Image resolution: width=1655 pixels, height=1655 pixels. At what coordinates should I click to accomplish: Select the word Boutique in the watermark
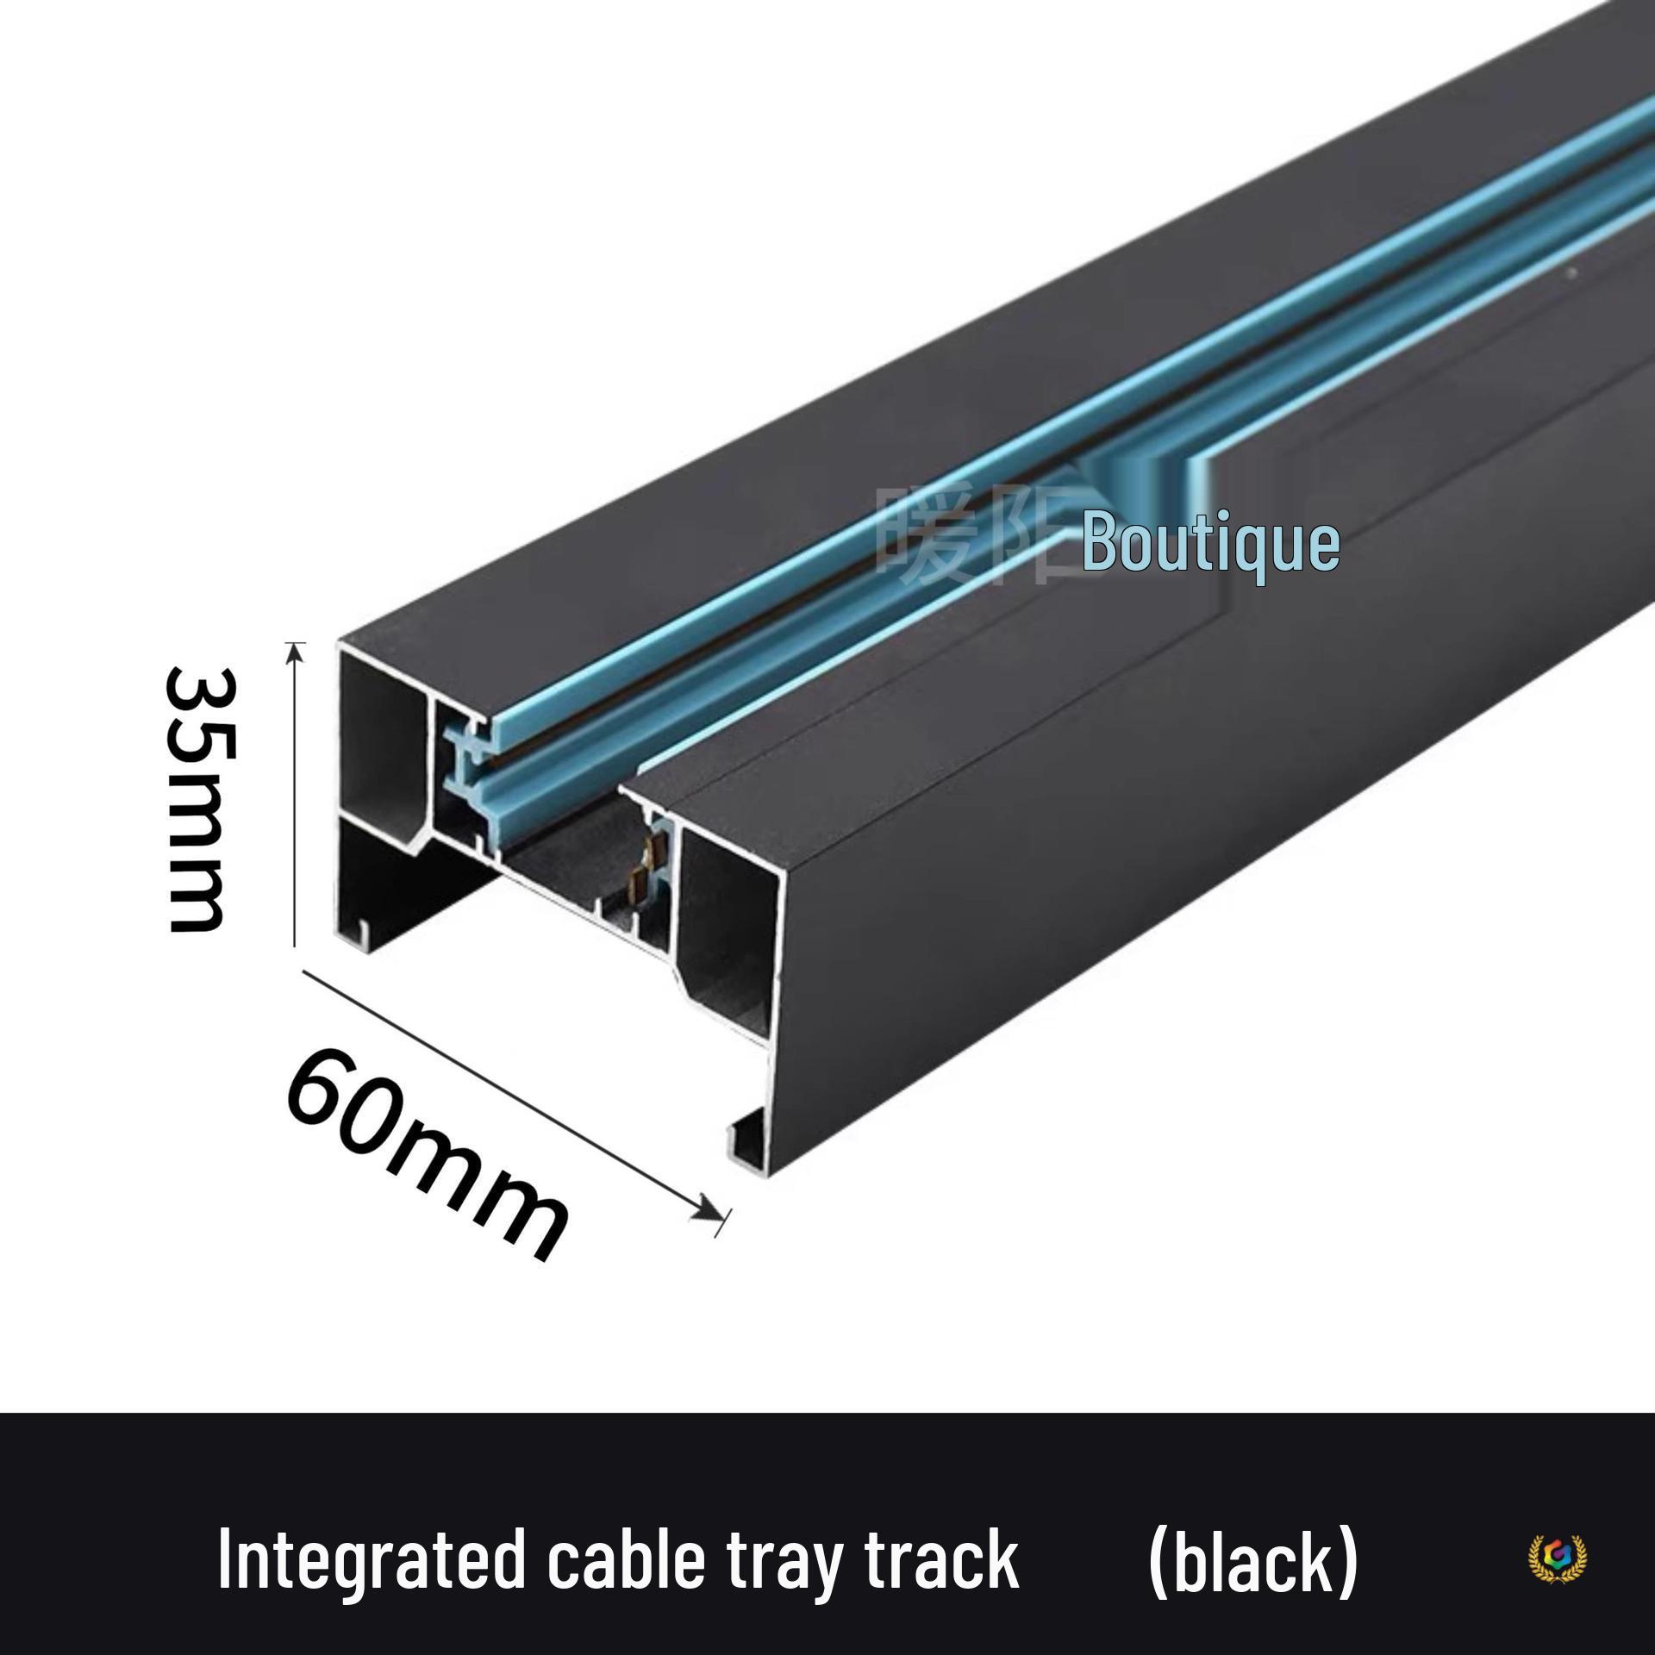1210,543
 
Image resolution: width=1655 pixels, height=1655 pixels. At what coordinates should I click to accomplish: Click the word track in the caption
943,1559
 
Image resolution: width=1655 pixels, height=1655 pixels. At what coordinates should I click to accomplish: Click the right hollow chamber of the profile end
728,922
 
